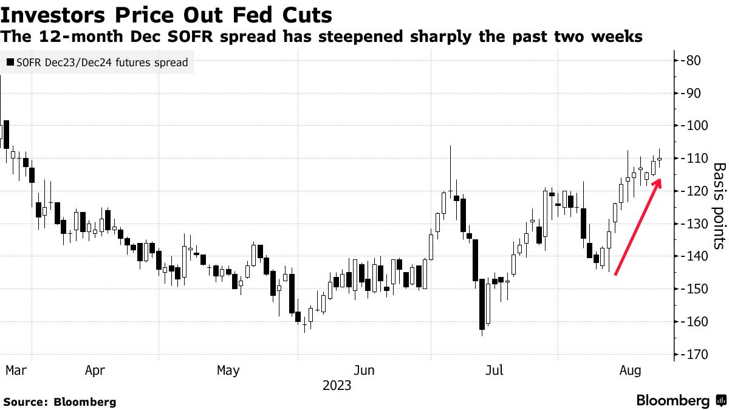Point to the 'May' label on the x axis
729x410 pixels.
228,370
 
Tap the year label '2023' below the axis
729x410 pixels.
337,385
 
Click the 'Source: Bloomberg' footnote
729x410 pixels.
60,401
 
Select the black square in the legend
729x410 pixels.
10,63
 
